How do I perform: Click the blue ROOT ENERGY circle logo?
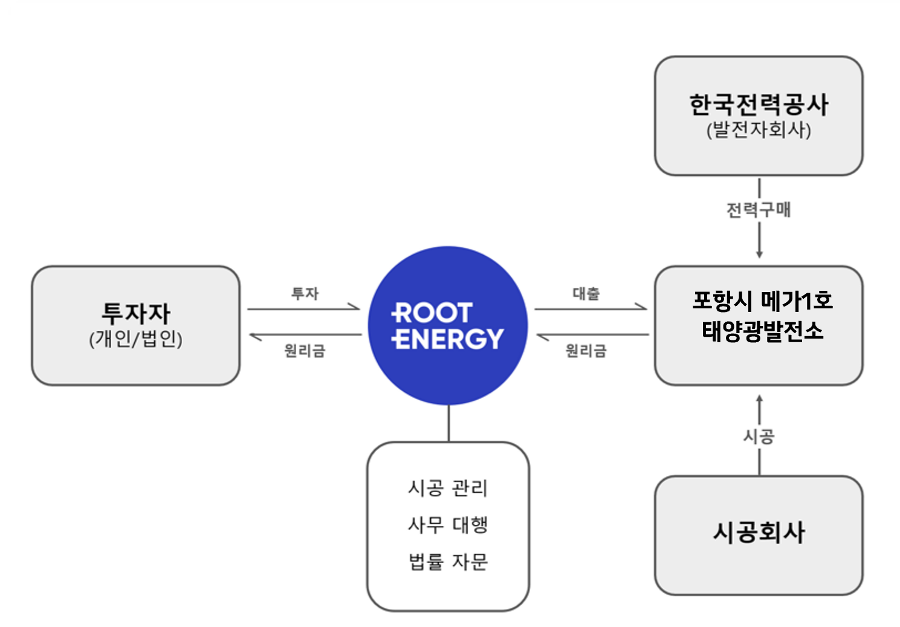(x=447, y=325)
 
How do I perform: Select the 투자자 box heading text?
(x=136, y=313)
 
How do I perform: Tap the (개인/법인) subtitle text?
(x=136, y=339)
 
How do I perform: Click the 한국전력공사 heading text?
(x=759, y=105)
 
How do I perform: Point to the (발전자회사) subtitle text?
(x=759, y=129)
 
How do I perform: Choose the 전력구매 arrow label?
(x=759, y=210)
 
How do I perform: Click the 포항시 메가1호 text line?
(x=762, y=300)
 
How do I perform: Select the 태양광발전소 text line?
(x=762, y=331)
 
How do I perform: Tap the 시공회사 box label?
(x=759, y=532)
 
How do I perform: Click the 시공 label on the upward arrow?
(x=759, y=436)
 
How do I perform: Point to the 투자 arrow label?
(x=305, y=293)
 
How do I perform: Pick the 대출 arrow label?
(x=586, y=293)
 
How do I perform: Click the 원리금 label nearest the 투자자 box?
(x=305, y=350)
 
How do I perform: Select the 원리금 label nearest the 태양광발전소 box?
(x=586, y=350)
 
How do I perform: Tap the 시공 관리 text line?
(x=448, y=487)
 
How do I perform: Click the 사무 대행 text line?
(x=448, y=524)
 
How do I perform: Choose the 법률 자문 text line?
(x=448, y=562)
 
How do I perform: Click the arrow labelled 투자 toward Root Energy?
(x=303, y=309)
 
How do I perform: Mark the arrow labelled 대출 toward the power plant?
(x=591, y=309)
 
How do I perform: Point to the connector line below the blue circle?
(x=448, y=423)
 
